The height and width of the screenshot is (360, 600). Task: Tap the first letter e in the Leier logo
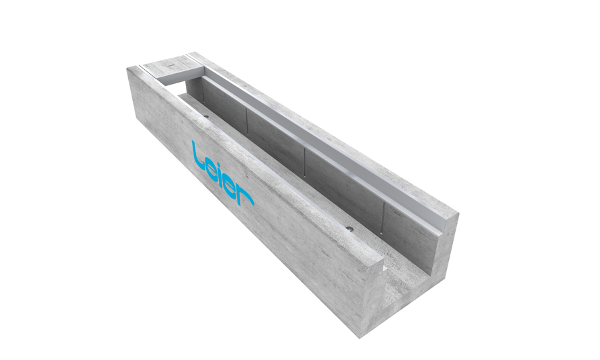point(213,171)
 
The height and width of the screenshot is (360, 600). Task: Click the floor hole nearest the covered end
point(207,116)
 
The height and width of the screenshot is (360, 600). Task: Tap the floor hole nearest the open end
point(349,229)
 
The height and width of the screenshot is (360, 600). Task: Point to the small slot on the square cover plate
point(170,66)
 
